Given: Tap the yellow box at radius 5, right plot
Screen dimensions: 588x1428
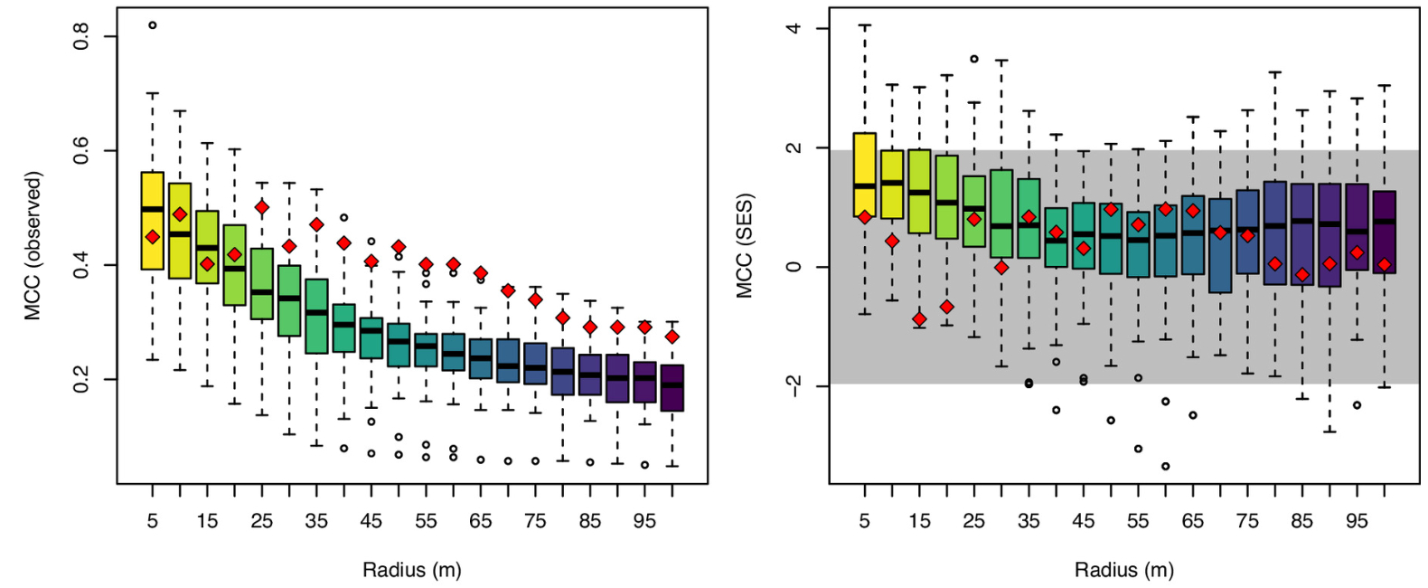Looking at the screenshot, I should pyautogui.click(x=865, y=163).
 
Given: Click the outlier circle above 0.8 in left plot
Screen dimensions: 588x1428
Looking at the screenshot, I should pyautogui.click(x=152, y=25).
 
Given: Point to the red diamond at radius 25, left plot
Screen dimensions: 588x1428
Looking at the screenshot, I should pyautogui.click(x=262, y=207).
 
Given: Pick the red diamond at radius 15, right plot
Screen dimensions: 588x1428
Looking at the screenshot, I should pyautogui.click(x=919, y=319).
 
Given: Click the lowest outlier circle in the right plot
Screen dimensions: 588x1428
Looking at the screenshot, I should pyautogui.click(x=1165, y=466).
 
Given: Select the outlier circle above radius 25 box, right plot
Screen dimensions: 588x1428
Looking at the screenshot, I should pyautogui.click(x=973, y=59).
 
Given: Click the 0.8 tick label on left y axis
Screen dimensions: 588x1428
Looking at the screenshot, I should pyautogui.click(x=81, y=36).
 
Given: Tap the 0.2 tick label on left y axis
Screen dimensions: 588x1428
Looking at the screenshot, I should pyautogui.click(x=81, y=379).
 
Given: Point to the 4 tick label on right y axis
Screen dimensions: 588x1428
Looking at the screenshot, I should pyautogui.click(x=794, y=28).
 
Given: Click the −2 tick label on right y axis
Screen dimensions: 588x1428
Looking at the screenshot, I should pyautogui.click(x=794, y=386).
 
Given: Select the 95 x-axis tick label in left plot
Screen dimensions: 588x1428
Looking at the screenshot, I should pyautogui.click(x=644, y=521).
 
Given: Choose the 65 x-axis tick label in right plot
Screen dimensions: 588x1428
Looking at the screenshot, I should pyautogui.click(x=1192, y=521).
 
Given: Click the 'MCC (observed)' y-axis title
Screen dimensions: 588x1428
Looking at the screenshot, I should pyautogui.click(x=33, y=246).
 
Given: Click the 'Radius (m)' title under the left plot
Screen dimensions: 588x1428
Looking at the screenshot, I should pyautogui.click(x=411, y=570).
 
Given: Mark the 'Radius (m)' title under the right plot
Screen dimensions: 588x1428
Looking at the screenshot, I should pyautogui.click(x=1123, y=570).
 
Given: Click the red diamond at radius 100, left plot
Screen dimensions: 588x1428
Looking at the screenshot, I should pyautogui.click(x=672, y=337).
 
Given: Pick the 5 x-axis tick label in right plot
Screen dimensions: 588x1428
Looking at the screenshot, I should pyautogui.click(x=864, y=521).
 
